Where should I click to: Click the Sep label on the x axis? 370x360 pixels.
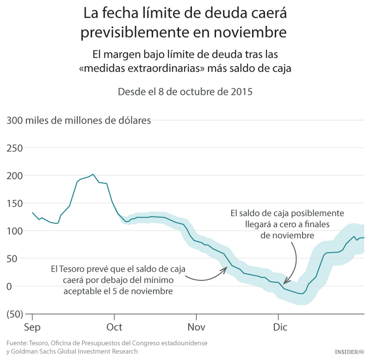point(33,327)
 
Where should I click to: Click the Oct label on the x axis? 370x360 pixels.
point(114,327)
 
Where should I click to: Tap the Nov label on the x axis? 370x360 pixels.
point(196,327)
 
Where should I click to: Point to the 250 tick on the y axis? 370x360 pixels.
point(15,148)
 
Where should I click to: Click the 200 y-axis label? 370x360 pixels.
point(15,175)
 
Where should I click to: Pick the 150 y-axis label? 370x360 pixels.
point(15,203)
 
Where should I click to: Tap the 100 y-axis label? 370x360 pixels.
point(15,231)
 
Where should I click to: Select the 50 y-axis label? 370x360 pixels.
point(17,258)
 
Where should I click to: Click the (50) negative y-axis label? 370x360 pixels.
point(15,314)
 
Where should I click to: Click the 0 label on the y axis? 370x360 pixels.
point(20,286)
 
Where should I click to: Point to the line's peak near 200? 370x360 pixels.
point(93,174)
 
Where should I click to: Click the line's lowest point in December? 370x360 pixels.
point(301,294)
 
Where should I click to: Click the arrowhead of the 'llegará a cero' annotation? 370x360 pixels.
point(285,282)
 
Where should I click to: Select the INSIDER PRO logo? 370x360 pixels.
point(349,352)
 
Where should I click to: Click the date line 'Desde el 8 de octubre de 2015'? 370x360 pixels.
point(185,92)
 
